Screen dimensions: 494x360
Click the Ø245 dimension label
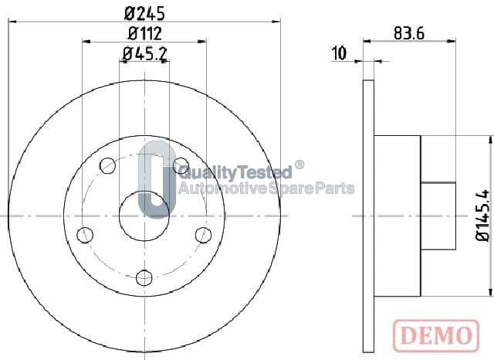[144, 13]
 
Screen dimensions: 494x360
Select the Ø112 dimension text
[145, 33]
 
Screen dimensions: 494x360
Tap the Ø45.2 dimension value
[144, 54]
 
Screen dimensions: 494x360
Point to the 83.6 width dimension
[409, 33]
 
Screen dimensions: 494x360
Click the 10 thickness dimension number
[340, 53]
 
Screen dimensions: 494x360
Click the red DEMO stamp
[436, 335]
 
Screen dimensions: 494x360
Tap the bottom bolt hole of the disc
[144, 277]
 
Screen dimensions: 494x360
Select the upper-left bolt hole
[107, 165]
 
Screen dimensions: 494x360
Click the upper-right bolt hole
[181, 165]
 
